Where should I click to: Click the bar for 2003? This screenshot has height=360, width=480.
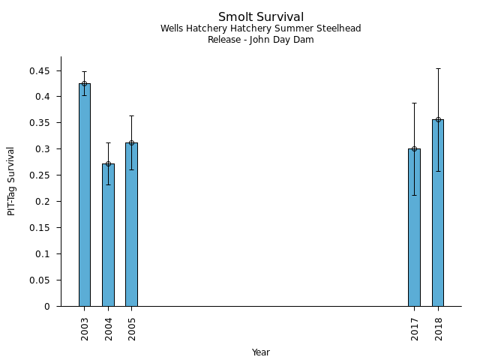tap(85, 195)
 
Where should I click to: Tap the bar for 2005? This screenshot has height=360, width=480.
tap(131, 224)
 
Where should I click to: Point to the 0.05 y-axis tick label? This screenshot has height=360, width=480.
tap(39, 280)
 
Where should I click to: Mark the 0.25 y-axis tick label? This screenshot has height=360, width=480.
tap(39, 175)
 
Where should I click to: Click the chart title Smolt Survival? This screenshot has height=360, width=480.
tap(261, 16)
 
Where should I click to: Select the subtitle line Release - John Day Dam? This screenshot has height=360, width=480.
tap(261, 40)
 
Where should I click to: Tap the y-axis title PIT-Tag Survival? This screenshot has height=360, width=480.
tap(11, 181)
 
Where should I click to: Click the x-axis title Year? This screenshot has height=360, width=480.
tap(261, 352)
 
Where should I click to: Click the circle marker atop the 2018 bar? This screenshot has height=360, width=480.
tap(438, 119)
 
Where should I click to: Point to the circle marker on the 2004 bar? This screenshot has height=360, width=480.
tap(108, 163)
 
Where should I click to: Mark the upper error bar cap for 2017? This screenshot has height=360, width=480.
tap(414, 103)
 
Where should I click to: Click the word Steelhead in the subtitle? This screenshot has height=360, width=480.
tap(338, 28)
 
